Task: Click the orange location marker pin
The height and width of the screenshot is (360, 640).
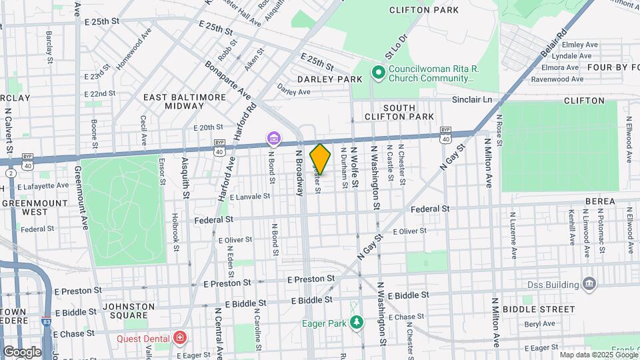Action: click(x=320, y=159)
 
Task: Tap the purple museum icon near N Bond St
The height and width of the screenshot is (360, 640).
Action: click(x=273, y=139)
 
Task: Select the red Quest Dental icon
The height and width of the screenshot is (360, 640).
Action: click(x=179, y=338)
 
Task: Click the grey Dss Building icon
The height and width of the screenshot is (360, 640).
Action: click(x=589, y=285)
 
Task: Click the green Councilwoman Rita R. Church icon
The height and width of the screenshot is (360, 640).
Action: click(x=378, y=72)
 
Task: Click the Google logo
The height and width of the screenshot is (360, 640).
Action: click(x=21, y=351)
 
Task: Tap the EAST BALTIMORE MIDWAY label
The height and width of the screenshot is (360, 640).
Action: click(x=185, y=101)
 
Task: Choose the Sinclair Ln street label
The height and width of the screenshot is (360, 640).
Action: click(x=468, y=100)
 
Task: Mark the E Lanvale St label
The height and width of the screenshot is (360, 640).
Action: click(x=249, y=197)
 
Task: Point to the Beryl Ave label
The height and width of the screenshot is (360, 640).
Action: click(x=539, y=324)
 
